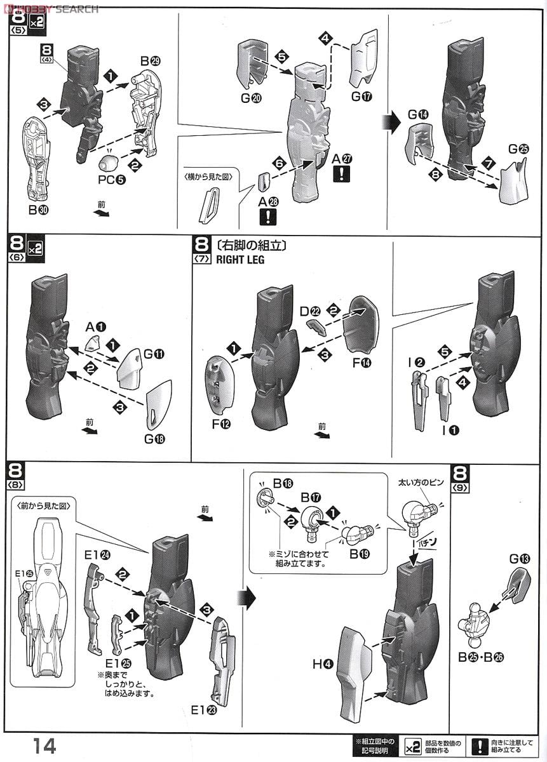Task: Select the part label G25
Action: point(518,149)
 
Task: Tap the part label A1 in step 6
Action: point(95,327)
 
